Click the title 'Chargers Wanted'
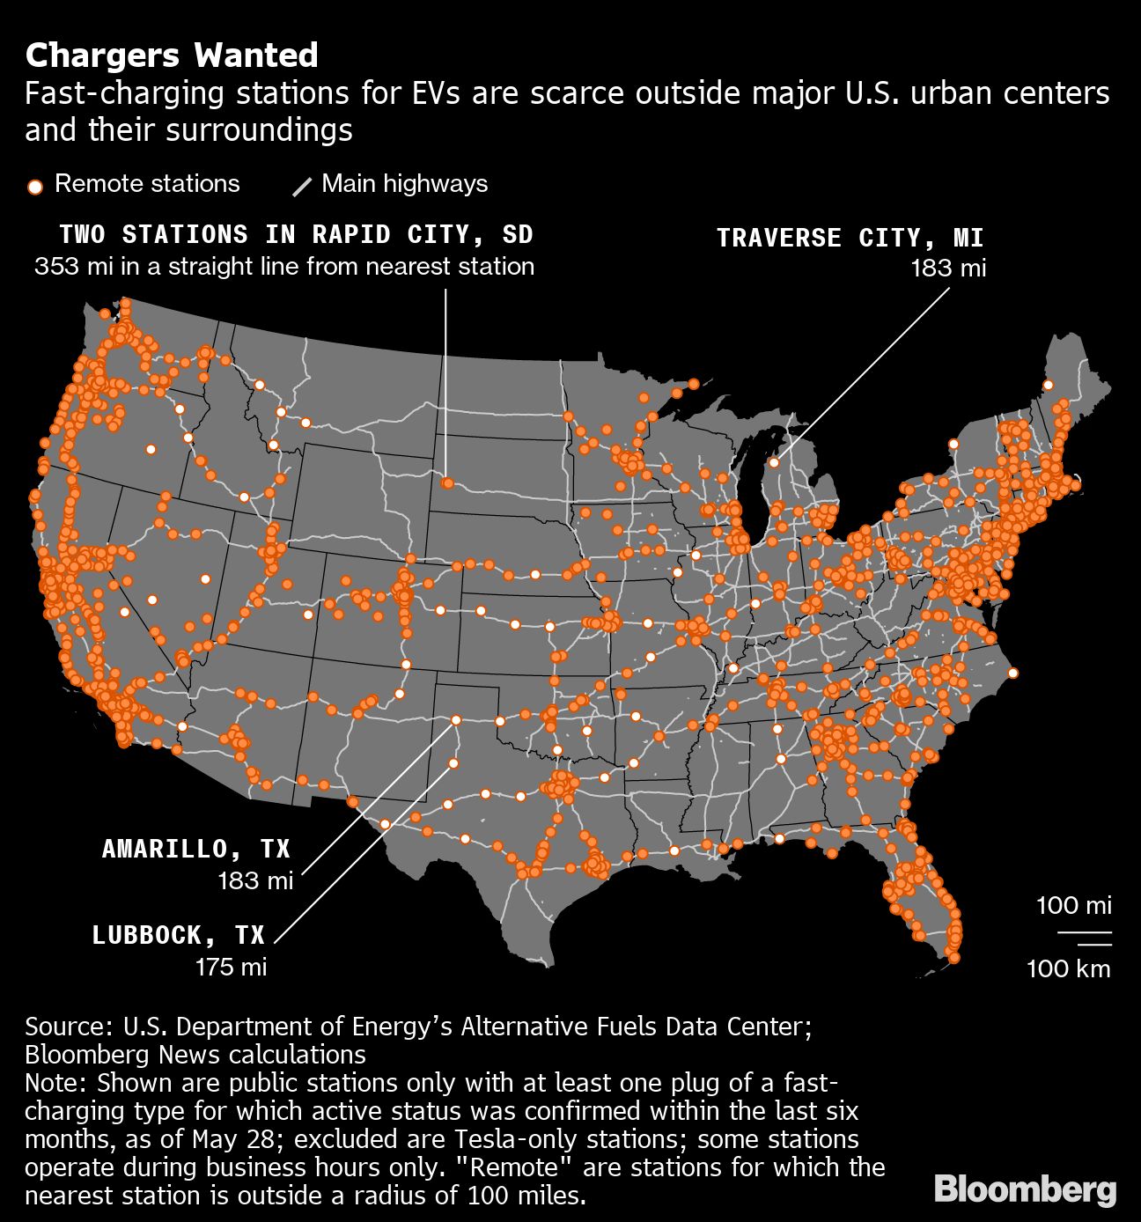pyautogui.click(x=172, y=55)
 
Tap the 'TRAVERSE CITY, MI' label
pyautogui.click(x=850, y=238)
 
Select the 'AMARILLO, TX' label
pyautogui.click(x=196, y=849)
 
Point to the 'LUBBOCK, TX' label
pyautogui.click(x=179, y=934)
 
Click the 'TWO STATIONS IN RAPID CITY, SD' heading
pyautogui.click(x=297, y=234)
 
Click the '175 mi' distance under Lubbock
pyautogui.click(x=231, y=967)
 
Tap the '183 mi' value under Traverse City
pyautogui.click(x=948, y=268)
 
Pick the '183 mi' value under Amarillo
pyautogui.click(x=255, y=880)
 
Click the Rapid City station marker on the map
pyautogui.click(x=447, y=483)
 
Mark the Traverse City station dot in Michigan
pyautogui.click(x=774, y=462)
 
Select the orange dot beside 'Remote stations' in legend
pyautogui.click(x=35, y=186)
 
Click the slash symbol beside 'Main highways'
pyautogui.click(x=302, y=186)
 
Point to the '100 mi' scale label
pyautogui.click(x=1073, y=905)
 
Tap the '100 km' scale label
pyautogui.click(x=1068, y=969)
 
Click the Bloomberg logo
pyautogui.click(x=1025, y=1189)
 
